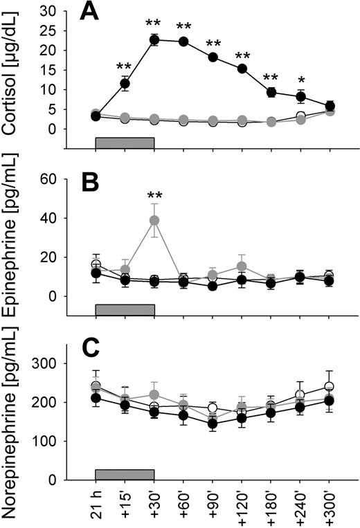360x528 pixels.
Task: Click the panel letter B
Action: pyautogui.click(x=91, y=182)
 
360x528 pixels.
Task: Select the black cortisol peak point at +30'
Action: pyautogui.click(x=154, y=39)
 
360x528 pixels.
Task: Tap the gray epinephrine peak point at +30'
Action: pyautogui.click(x=154, y=220)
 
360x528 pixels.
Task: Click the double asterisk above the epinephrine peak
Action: pyautogui.click(x=154, y=197)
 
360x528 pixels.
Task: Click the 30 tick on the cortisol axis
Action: pyautogui.click(x=61, y=11)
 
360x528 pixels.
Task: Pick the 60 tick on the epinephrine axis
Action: pyautogui.click(x=61, y=179)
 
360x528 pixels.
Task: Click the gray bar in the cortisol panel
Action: pyautogui.click(x=125, y=142)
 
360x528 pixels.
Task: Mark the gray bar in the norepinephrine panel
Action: pyautogui.click(x=125, y=473)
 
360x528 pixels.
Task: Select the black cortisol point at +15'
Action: pyautogui.click(x=125, y=84)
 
